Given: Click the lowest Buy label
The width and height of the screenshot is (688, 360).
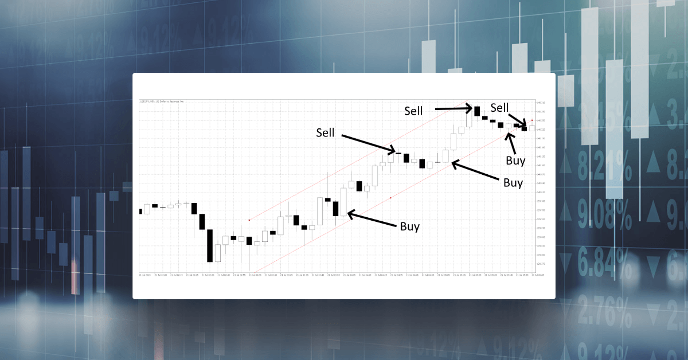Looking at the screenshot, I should point(409,226).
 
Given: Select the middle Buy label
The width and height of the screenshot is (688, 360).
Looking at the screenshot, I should point(513,183).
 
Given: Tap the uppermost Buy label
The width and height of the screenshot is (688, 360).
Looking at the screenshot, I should point(515,161).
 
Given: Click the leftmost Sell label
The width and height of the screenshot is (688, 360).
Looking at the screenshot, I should point(325,132).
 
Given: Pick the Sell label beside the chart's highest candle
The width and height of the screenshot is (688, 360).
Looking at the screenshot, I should point(413,111).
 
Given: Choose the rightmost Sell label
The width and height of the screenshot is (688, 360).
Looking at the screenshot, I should point(499,107).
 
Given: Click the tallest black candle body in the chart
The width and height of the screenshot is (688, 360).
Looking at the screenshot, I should point(210,245).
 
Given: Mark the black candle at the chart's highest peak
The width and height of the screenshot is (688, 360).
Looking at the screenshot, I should point(476,110).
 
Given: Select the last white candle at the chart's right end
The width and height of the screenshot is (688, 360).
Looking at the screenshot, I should point(531,128).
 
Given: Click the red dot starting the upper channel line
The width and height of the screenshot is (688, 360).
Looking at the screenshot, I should point(249,220).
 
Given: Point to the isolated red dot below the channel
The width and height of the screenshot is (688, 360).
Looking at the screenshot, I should point(390,198).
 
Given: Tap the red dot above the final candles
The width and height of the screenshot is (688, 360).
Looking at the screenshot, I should point(532,120).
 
